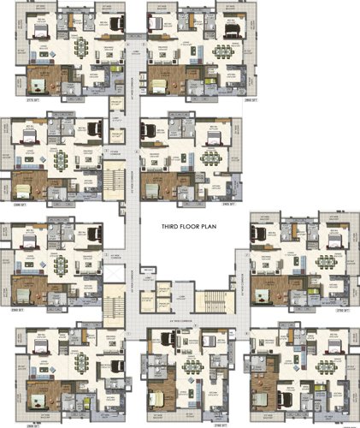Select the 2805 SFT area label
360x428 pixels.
click(x=33, y=422)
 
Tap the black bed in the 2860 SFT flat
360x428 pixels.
click(x=233, y=26)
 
